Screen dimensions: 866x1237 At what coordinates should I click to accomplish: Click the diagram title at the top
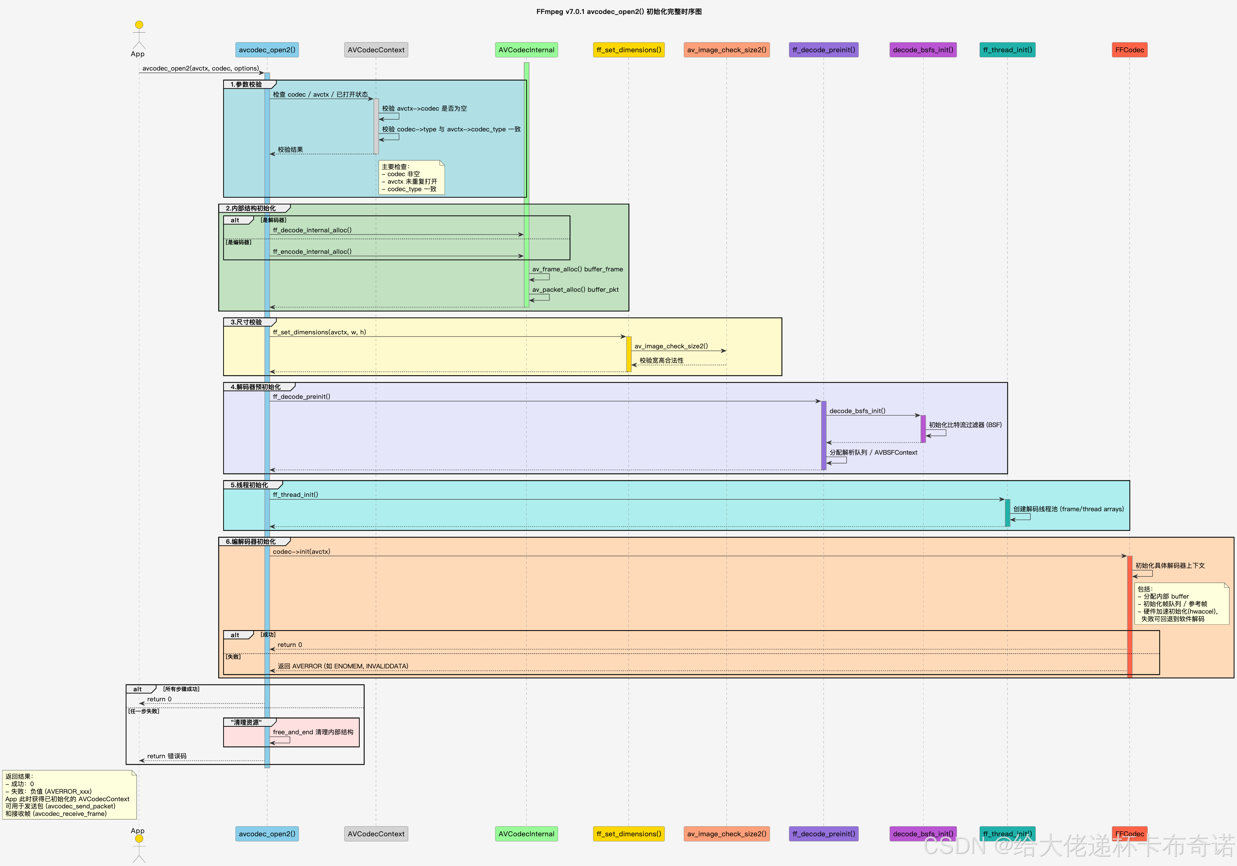click(x=618, y=11)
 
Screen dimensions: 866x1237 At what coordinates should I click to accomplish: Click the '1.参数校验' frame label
click(x=246, y=84)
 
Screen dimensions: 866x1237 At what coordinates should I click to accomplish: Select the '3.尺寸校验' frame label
click(x=246, y=322)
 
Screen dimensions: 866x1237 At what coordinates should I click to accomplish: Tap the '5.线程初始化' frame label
click(x=249, y=485)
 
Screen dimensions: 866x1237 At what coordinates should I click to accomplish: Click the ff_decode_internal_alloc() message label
click(x=312, y=230)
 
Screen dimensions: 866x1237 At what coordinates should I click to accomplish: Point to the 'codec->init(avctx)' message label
click(x=301, y=551)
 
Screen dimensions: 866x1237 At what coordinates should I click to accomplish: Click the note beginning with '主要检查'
click(x=411, y=178)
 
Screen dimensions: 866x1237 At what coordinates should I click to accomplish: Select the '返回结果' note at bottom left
click(x=69, y=794)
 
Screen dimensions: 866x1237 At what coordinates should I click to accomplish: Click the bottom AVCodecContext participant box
click(x=376, y=834)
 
